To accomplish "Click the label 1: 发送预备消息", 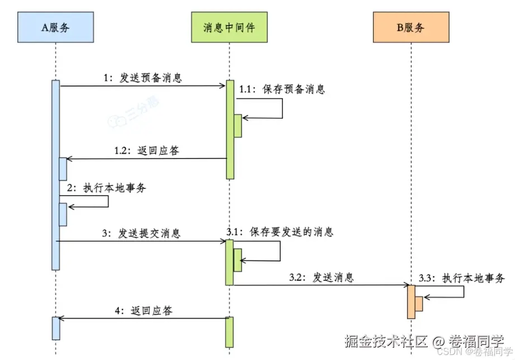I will point(143,78).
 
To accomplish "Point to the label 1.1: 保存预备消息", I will point(282,89).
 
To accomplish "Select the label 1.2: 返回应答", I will point(147,150).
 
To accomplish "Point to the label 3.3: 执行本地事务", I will point(461,278).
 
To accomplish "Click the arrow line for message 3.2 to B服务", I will point(322,286).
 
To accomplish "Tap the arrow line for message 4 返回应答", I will point(143,319).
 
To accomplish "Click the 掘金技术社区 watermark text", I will point(386,340).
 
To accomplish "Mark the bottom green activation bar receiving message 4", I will point(230,332).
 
